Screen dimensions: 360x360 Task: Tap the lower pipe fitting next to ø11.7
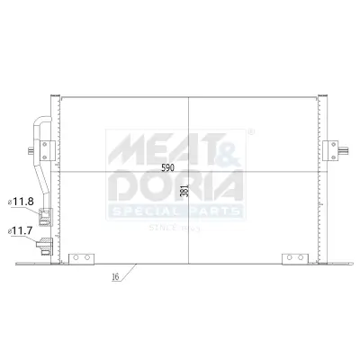(41, 241)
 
